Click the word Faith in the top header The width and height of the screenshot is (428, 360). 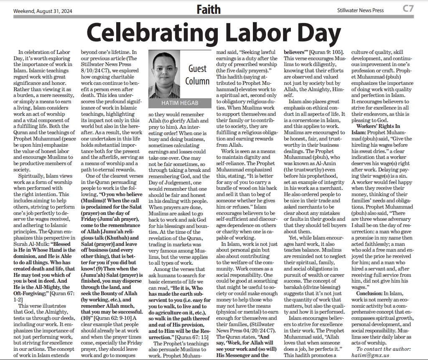tap(208, 9)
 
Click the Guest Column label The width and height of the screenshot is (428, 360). tap(197, 74)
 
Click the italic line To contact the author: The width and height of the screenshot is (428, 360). tap(383, 348)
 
